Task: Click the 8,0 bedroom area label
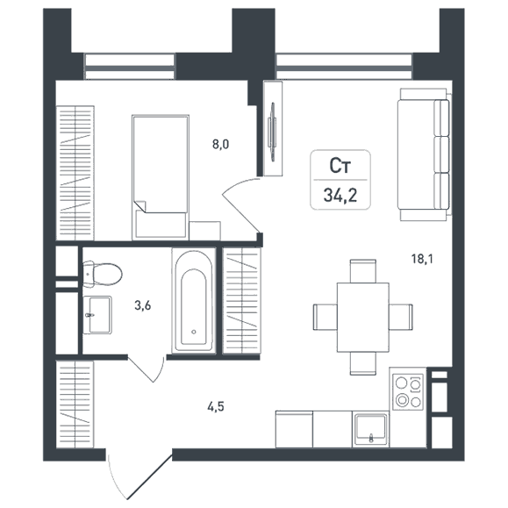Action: tap(220, 144)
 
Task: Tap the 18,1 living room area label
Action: tap(422, 259)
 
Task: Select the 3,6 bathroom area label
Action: tap(143, 305)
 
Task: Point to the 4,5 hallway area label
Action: tap(216, 406)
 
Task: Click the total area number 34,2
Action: tap(340, 196)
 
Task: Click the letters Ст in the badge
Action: tap(340, 166)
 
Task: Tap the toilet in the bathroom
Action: tap(102, 274)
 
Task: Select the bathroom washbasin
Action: tap(97, 315)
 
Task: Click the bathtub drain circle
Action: tap(194, 332)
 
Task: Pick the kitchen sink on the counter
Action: tap(371, 430)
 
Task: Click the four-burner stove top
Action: tap(408, 392)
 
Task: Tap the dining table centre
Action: tap(363, 318)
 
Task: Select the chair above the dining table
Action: tap(363, 271)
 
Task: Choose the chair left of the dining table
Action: tap(326, 318)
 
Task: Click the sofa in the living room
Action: tap(425, 154)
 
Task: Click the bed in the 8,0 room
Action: tap(161, 177)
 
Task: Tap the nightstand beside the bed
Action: tap(204, 231)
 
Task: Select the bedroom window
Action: tap(130, 67)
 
